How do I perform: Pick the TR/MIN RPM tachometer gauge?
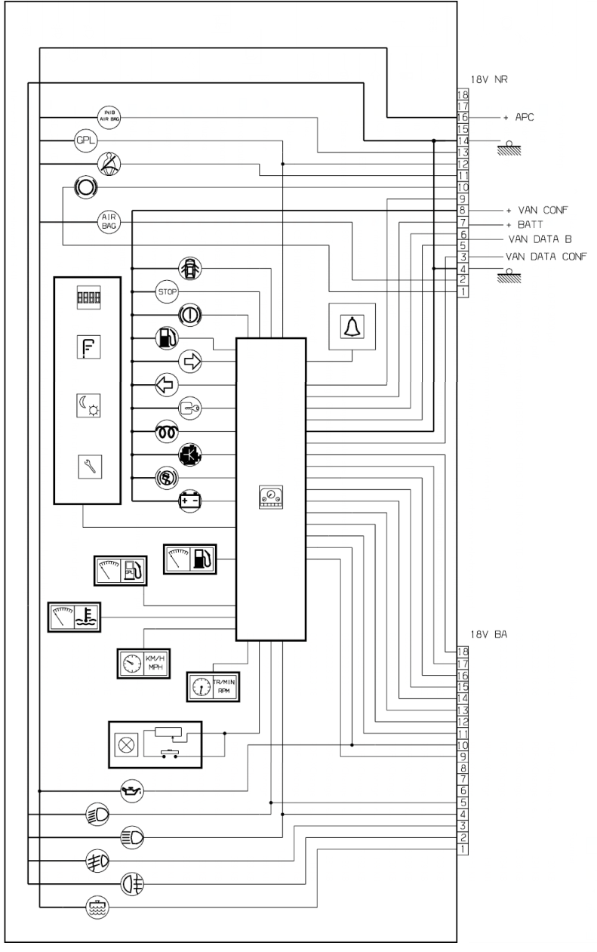point(212,686)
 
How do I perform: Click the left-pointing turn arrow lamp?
point(165,384)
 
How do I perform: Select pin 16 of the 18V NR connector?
point(463,118)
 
